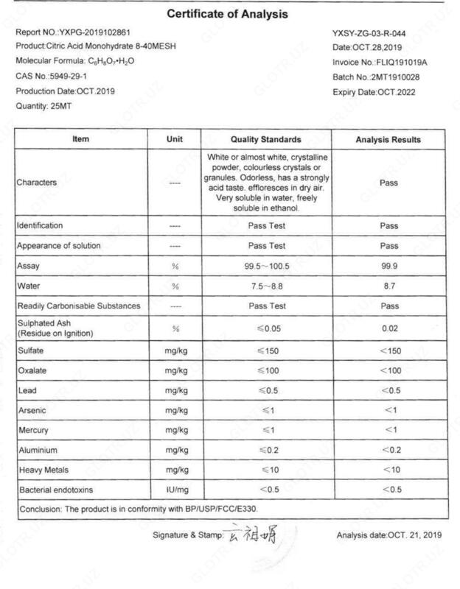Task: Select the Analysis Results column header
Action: coord(388,140)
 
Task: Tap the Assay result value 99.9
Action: coord(388,266)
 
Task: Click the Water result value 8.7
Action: coord(388,286)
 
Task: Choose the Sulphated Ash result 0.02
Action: coord(388,328)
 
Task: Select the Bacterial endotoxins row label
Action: coord(57,490)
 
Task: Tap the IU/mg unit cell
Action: coord(175,490)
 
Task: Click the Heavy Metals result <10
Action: coord(388,470)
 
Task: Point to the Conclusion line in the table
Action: coord(139,509)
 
